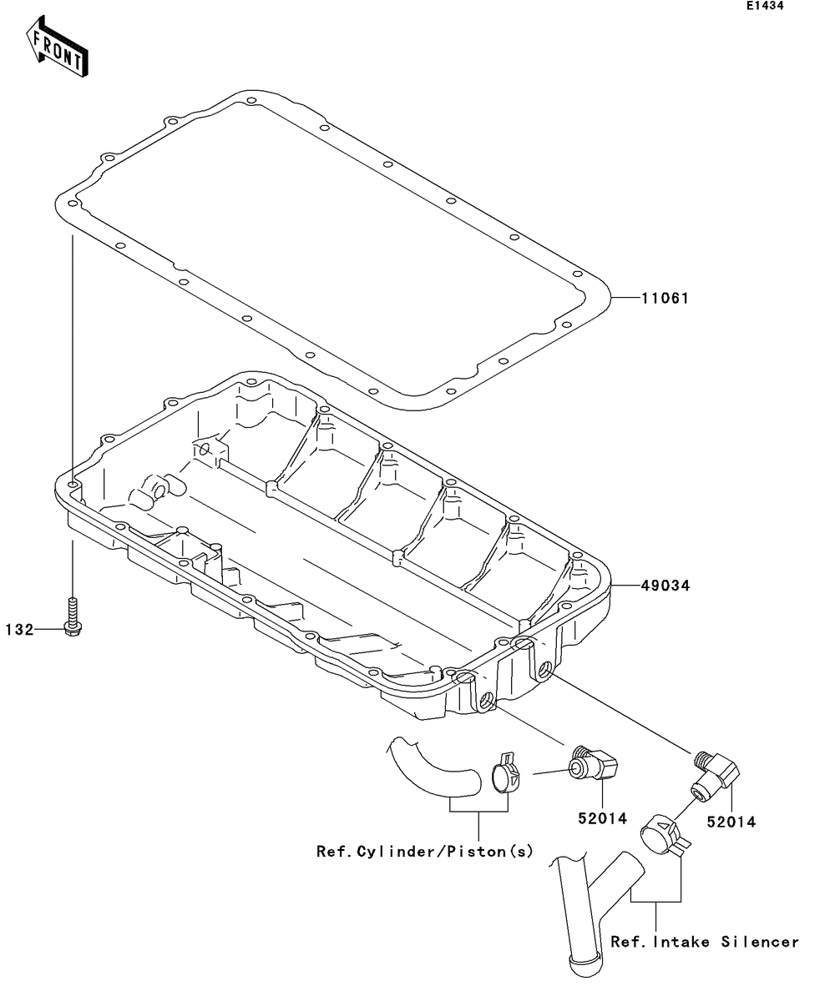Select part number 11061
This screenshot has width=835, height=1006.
(x=665, y=298)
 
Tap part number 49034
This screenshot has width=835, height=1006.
(x=665, y=586)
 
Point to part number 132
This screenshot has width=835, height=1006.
(x=21, y=629)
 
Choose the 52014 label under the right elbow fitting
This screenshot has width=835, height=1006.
(x=731, y=822)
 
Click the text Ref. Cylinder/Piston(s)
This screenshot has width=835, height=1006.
(x=424, y=852)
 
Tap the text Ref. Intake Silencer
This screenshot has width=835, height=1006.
(x=705, y=942)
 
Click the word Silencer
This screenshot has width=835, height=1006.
(x=760, y=942)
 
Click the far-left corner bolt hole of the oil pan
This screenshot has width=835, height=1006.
(x=73, y=485)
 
